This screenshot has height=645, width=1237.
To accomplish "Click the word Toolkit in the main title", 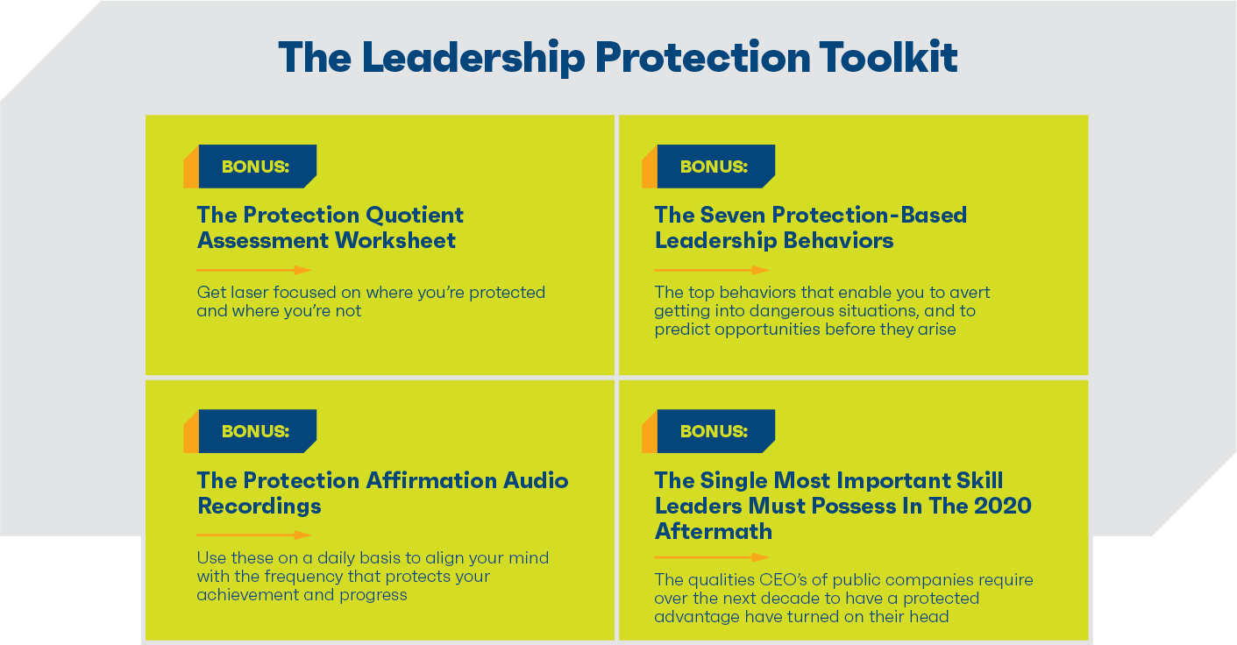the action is coord(888,57).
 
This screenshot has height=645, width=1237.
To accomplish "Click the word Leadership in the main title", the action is coord(473,58).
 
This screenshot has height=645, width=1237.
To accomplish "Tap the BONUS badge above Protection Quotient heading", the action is coord(250,167).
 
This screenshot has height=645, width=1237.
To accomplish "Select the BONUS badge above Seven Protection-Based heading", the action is coord(708,167).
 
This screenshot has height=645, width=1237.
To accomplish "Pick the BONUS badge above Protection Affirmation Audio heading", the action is coord(250,431).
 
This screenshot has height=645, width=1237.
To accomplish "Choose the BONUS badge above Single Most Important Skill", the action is coord(708,431).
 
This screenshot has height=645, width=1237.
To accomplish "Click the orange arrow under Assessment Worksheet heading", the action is coord(254,270).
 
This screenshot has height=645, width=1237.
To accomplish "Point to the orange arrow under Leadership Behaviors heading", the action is coord(712,270).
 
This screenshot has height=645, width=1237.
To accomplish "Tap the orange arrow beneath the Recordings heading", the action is coord(254,535).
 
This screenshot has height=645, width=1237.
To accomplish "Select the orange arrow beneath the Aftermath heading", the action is coord(712,557).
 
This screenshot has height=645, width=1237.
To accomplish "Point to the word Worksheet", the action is coord(395,240).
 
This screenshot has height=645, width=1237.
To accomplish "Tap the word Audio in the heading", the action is coord(536,480).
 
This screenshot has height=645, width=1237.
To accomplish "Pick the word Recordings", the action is coord(259,507).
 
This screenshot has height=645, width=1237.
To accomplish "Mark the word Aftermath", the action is coord(714,531).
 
